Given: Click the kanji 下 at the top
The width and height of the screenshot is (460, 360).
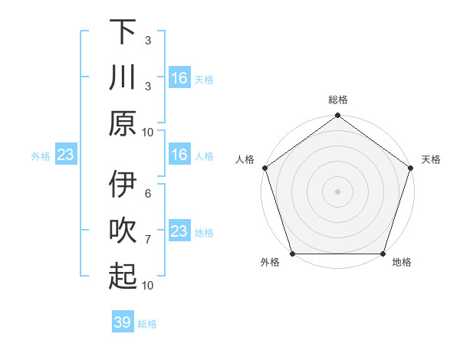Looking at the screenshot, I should (123, 31).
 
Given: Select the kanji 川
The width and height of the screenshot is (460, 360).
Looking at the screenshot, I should (123, 77).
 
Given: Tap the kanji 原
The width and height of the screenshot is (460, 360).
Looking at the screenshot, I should (123, 123).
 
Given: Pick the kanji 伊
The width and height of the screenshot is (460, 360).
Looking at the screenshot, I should (123, 185).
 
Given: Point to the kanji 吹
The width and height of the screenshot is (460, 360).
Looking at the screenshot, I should (123, 231).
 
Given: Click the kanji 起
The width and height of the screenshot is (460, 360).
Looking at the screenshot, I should (123, 277).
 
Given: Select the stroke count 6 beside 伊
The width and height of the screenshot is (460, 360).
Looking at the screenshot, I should (147, 194).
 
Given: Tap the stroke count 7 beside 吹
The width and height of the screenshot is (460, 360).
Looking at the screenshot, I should (147, 240).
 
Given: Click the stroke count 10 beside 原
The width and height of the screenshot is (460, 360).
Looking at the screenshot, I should (147, 132).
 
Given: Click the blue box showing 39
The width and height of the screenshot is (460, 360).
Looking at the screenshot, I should (123, 322).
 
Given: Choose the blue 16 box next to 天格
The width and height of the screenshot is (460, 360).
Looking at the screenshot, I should (179, 77).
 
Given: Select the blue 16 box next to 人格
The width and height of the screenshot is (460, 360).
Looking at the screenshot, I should (179, 155).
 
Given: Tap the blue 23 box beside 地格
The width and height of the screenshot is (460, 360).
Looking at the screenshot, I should (179, 231).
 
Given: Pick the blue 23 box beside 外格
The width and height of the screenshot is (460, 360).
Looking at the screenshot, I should (65, 155).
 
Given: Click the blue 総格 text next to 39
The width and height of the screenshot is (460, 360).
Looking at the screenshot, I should (147, 324).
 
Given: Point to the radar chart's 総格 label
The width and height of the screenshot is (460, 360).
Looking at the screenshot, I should (337, 100).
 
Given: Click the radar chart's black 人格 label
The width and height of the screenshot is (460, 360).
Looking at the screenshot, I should (245, 159).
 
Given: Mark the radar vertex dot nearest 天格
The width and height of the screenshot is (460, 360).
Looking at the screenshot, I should (411, 168).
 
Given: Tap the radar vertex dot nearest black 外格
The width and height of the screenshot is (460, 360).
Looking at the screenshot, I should (292, 254).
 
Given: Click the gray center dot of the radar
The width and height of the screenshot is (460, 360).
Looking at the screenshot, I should (337, 191).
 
